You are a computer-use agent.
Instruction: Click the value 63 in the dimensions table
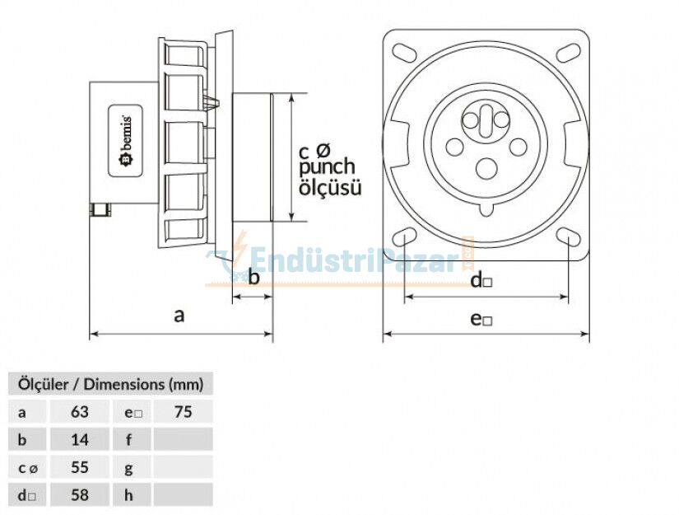tap(79, 411)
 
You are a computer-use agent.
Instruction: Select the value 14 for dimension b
tap(79, 439)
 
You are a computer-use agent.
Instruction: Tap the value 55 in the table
tap(79, 467)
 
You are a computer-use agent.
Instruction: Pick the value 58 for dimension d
tap(79, 495)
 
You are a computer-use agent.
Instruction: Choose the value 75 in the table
tap(183, 411)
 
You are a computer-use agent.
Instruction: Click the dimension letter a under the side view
tap(179, 315)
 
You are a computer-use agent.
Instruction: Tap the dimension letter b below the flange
tap(253, 277)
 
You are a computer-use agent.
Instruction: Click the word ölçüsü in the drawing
tap(329, 188)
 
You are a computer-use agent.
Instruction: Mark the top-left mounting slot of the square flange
tap(405, 51)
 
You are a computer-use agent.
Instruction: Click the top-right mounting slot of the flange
tap(568, 51)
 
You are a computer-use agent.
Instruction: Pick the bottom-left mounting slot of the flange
tap(405, 236)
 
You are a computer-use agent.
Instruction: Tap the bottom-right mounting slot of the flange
tap(568, 236)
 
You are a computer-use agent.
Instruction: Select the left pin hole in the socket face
tap(454, 147)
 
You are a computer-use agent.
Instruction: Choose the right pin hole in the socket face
tap(518, 147)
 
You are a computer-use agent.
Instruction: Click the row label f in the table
tap(129, 439)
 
